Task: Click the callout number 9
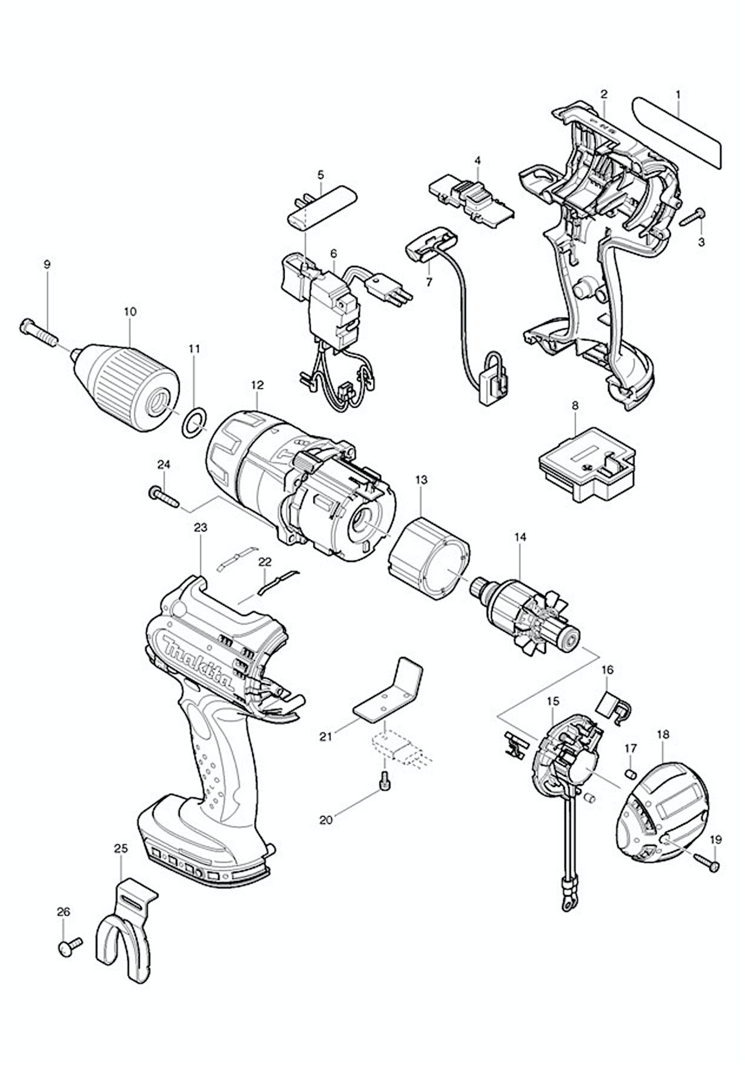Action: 47,265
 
